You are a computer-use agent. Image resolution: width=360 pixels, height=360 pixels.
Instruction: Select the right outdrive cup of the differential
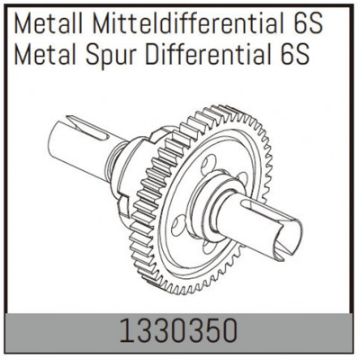coord(270,229)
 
